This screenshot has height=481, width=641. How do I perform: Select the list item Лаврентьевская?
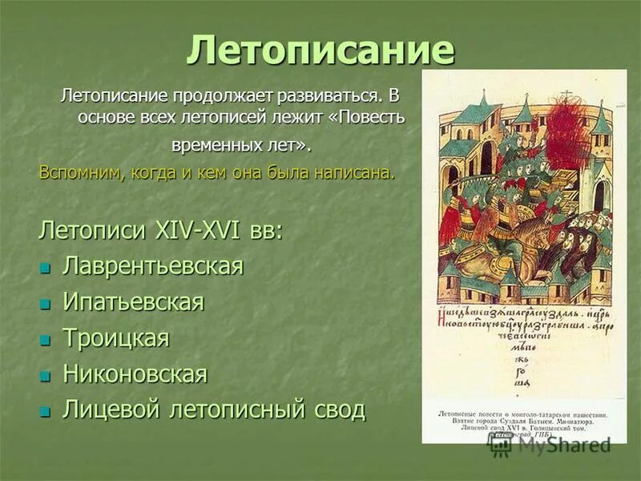(152, 266)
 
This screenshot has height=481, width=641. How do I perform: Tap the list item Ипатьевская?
(133, 302)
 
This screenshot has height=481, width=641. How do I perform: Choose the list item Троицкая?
(116, 338)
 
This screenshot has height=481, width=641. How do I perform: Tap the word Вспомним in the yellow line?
(77, 173)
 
